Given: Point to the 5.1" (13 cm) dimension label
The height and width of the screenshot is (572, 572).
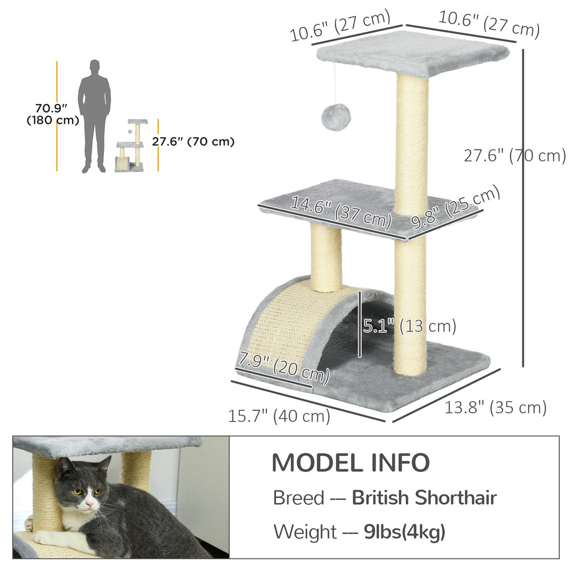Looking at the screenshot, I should tap(409, 326).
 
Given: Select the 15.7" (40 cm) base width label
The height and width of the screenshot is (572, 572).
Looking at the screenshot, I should tap(279, 416).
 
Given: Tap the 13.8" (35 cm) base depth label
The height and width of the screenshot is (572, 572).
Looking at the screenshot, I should tap(496, 407).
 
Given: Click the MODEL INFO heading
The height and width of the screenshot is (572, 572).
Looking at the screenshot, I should tap(350, 463).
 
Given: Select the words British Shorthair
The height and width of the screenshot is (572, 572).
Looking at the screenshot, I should tap(424, 498).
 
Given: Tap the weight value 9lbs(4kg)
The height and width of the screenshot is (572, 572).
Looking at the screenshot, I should tap(405, 532).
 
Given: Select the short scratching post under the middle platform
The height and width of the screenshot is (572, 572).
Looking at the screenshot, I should tap(326, 257).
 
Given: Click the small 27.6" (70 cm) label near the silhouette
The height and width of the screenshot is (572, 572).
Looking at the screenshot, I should tap(193, 141).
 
